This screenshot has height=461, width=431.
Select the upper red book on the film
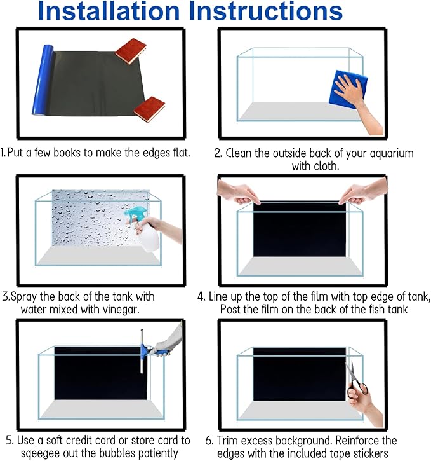(131, 52)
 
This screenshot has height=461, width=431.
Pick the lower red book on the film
(149, 109)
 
